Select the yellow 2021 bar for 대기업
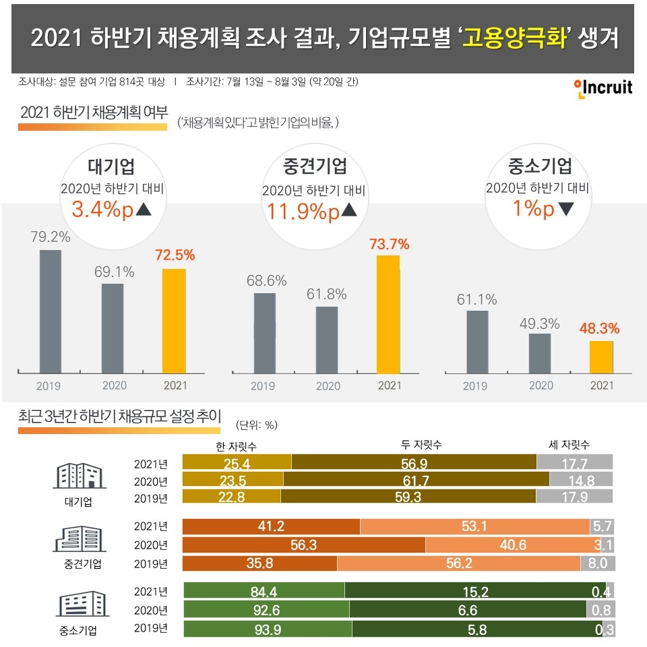click(x=174, y=320)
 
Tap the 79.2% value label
click(x=50, y=237)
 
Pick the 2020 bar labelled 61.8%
click(x=327, y=339)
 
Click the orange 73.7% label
click(x=390, y=243)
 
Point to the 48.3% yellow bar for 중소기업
click(x=601, y=356)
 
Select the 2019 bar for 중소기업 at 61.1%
click(x=476, y=341)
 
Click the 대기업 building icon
click(x=79, y=476)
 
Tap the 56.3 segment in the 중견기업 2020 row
click(x=304, y=545)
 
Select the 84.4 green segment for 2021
click(x=264, y=591)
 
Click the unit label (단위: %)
click(x=257, y=425)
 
